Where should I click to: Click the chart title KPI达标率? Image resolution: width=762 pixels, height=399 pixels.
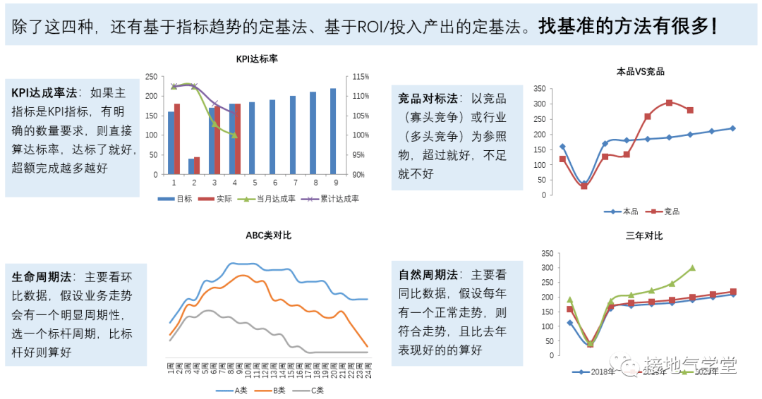click(257, 59)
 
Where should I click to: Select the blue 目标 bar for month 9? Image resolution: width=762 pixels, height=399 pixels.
click(333, 131)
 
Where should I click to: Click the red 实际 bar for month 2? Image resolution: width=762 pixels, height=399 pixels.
click(197, 166)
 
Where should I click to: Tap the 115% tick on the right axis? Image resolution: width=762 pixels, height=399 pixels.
click(361, 76)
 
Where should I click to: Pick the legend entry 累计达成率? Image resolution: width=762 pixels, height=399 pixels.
click(335, 199)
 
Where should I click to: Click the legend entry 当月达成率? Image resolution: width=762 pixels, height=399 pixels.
click(272, 199)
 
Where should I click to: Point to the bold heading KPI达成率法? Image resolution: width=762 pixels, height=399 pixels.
click(44, 92)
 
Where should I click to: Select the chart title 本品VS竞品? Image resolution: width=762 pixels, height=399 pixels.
click(640, 72)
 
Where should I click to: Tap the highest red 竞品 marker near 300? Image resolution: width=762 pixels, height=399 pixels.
click(669, 103)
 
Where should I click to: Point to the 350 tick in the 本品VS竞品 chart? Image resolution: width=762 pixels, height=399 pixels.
click(539, 89)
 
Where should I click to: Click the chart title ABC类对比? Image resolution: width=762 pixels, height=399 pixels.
click(268, 235)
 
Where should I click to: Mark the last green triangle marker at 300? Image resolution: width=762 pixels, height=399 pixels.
click(692, 268)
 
